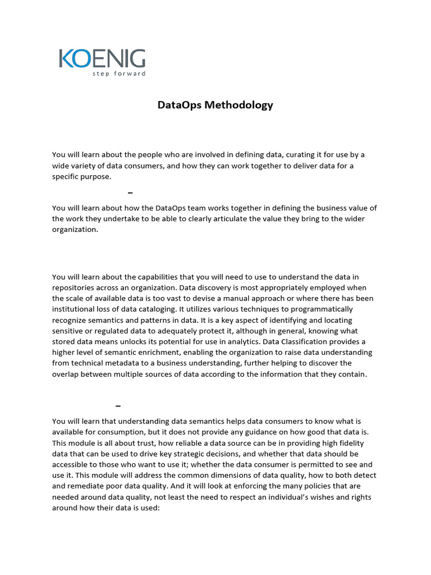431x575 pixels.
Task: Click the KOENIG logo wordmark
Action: pyautogui.click(x=102, y=59)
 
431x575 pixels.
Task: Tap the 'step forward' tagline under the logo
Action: pyautogui.click(x=119, y=74)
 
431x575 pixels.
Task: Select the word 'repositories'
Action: pyautogui.click(x=74, y=287)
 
